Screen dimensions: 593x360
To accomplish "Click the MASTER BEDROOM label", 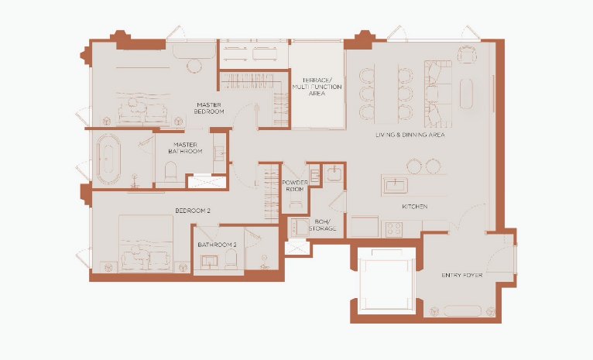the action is pyautogui.click(x=209, y=108).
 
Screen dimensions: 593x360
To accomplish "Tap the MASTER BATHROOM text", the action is pyautogui.click(x=185, y=148).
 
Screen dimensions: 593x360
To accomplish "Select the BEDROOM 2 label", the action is pyautogui.click(x=193, y=211).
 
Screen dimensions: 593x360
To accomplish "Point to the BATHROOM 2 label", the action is pyautogui.click(x=217, y=245).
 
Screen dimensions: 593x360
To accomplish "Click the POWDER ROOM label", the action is pyautogui.click(x=295, y=186).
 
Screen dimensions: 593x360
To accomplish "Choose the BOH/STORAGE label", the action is pyautogui.click(x=322, y=225).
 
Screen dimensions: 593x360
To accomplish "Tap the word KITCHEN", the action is pyautogui.click(x=415, y=207).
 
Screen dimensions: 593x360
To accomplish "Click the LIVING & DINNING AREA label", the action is pyautogui.click(x=410, y=135).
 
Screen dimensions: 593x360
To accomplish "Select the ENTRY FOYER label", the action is pyautogui.click(x=461, y=276).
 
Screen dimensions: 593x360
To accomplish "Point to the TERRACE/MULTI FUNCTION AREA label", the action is pyautogui.click(x=317, y=87).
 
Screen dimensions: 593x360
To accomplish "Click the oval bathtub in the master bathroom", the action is pyautogui.click(x=108, y=159).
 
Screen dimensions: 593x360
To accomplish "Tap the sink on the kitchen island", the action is pyautogui.click(x=396, y=185).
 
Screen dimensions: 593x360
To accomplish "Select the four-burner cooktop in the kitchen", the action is pyautogui.click(x=394, y=229).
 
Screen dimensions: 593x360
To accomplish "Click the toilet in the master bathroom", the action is pyautogui.click(x=171, y=171).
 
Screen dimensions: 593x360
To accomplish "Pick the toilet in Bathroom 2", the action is pyautogui.click(x=231, y=259).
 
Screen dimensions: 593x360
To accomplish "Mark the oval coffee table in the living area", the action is pyautogui.click(x=467, y=94).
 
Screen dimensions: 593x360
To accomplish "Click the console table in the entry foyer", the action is pyautogui.click(x=462, y=311).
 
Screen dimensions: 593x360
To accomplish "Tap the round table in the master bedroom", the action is pyautogui.click(x=195, y=66).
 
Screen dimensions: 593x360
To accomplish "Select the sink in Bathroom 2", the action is pyautogui.click(x=209, y=262).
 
